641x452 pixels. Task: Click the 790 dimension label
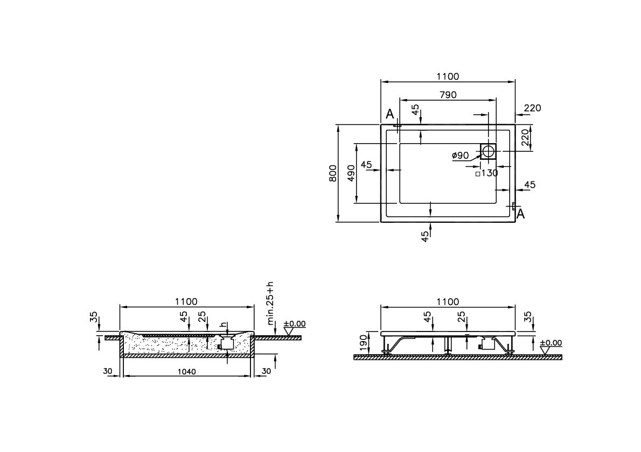[x=448, y=95]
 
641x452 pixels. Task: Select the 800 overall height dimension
[x=333, y=173]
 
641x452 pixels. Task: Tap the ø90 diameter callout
[x=461, y=156]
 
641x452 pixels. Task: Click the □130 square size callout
[x=487, y=173]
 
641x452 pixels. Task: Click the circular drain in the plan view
[x=489, y=151]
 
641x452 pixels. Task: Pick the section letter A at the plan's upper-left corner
[x=390, y=114]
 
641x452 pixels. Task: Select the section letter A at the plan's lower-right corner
[x=520, y=214]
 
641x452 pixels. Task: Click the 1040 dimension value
[x=186, y=371]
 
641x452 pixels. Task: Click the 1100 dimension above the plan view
[x=448, y=77]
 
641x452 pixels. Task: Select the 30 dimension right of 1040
[x=266, y=371]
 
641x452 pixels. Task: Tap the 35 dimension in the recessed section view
[x=94, y=317]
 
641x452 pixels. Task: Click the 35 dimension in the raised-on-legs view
[x=528, y=317]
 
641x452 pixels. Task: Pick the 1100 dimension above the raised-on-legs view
[x=448, y=302]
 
